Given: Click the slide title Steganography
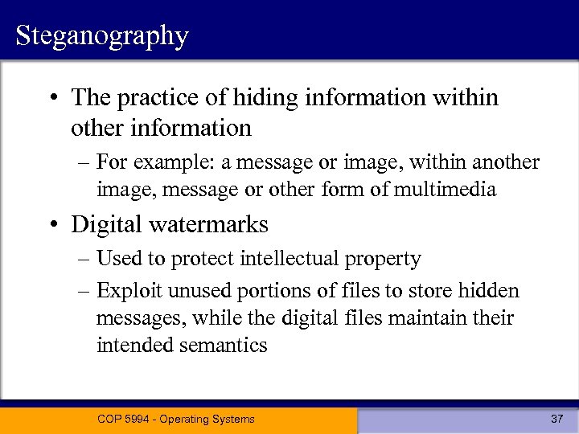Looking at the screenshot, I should coord(101,36).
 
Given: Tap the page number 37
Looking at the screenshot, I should coord(556,419).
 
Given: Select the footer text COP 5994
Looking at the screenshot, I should coord(125,419).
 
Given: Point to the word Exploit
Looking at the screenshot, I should coord(122,290).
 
